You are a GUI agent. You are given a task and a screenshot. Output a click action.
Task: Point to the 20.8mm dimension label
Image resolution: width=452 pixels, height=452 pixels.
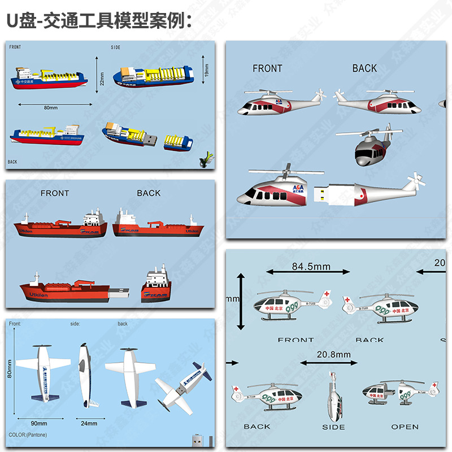pos(333,354)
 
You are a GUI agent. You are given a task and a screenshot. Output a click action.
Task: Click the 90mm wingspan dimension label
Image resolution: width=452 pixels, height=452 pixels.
pos(39,423)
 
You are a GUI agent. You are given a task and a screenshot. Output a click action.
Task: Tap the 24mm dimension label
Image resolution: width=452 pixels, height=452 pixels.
pos(89,423)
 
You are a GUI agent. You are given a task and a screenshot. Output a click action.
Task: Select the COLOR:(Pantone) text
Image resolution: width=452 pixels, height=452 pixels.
pos(28,435)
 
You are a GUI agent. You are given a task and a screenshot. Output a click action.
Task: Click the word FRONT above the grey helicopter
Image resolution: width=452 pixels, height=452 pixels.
pos(267,68)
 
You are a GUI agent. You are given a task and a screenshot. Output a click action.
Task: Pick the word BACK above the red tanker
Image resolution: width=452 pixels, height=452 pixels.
pos(149,193)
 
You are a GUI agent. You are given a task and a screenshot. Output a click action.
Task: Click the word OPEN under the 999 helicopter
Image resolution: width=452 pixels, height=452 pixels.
pos(405,427)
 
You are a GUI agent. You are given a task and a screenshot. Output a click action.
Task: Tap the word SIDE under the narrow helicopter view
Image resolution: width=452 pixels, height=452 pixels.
pos(333,427)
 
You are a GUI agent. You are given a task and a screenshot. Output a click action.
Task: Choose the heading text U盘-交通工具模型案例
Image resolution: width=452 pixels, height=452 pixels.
pos(99,21)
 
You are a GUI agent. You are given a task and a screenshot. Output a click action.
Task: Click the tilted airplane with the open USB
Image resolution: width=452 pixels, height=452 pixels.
pos(182,386)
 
